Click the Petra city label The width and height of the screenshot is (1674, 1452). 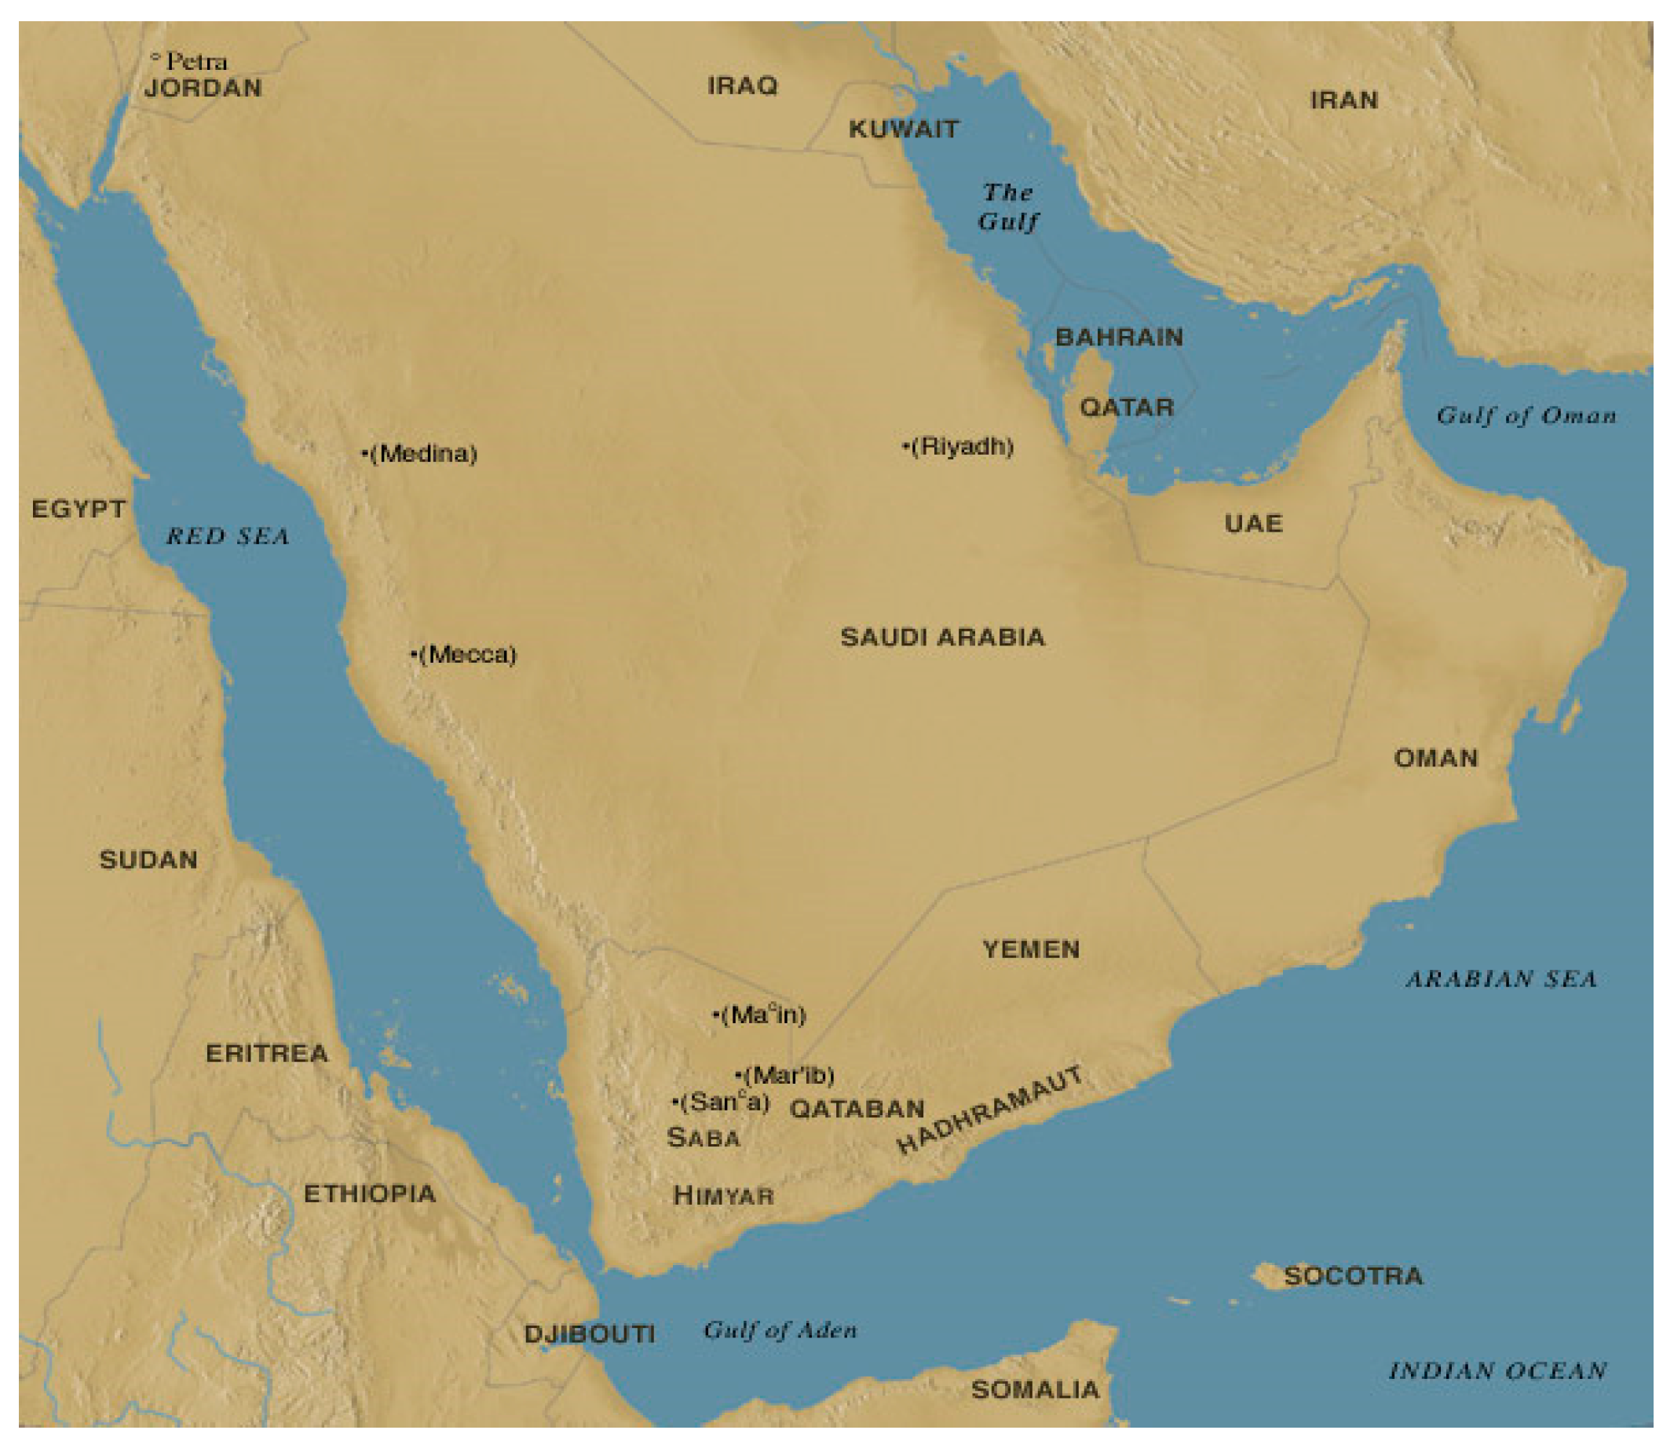tap(196, 61)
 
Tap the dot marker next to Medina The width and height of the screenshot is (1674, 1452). tap(364, 454)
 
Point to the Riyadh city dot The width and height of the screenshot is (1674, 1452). tap(905, 445)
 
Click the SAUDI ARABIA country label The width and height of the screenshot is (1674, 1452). tap(942, 637)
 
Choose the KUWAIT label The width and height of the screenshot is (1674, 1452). tap(904, 129)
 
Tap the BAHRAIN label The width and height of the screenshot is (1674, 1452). tap(1118, 337)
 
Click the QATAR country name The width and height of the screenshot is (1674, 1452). tap(1126, 407)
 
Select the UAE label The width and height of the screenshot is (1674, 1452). tap(1252, 524)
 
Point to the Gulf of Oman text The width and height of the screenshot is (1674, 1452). tap(1526, 415)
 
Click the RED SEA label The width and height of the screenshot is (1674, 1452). tap(228, 536)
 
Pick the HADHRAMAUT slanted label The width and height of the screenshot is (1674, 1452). tap(989, 1110)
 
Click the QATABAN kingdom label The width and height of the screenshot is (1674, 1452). tap(857, 1109)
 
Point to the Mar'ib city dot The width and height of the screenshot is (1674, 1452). tap(737, 1075)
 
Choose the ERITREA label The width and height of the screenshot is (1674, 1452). tap(267, 1053)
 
